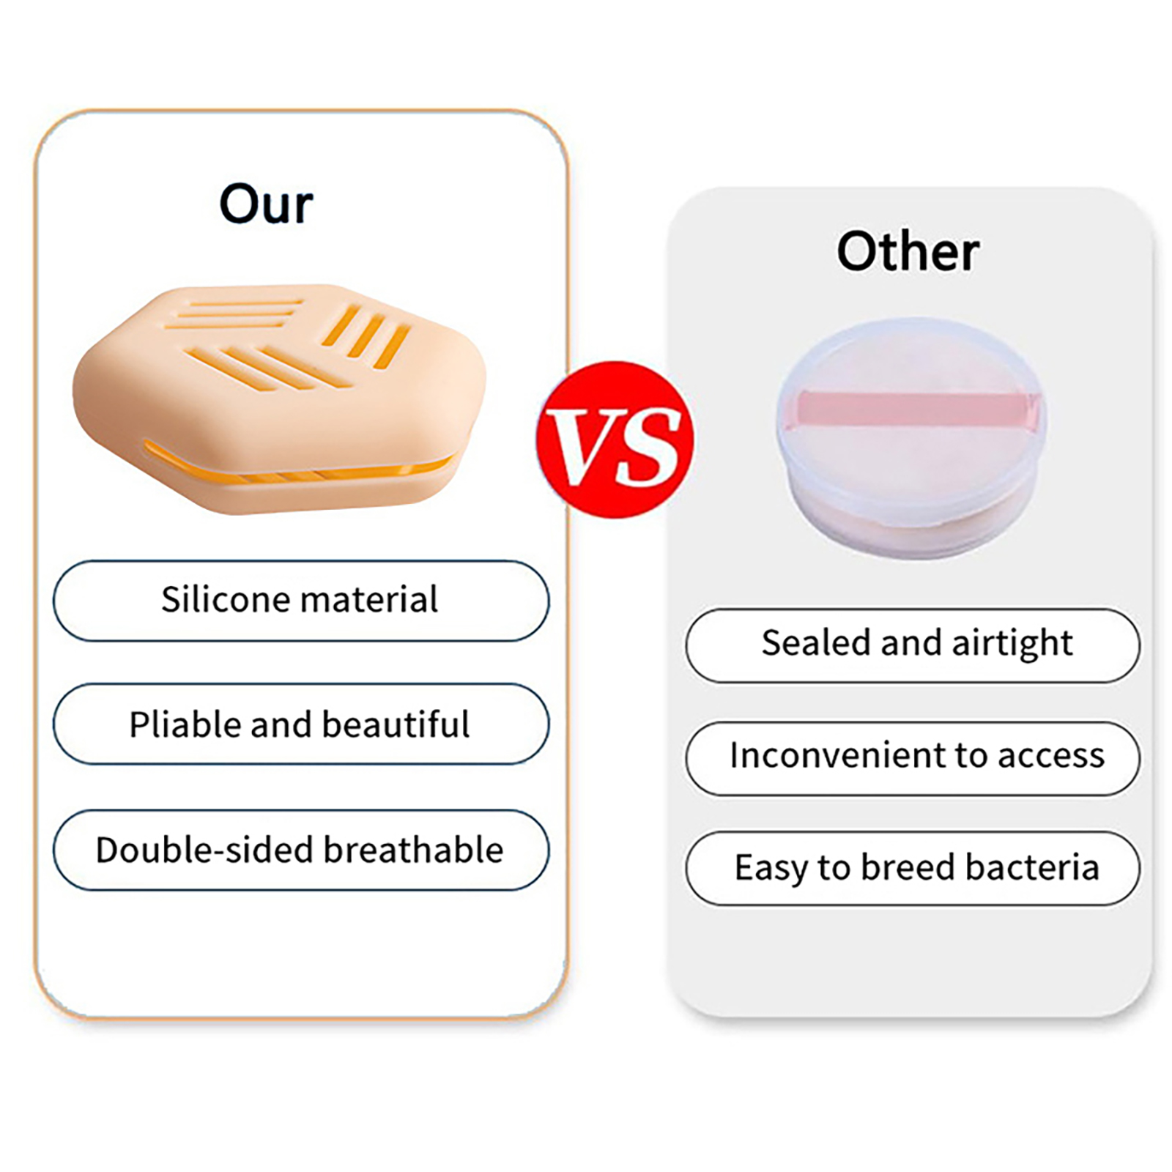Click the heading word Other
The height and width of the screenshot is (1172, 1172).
click(x=908, y=251)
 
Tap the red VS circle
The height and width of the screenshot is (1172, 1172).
click(x=615, y=439)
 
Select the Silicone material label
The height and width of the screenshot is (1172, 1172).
click(x=300, y=601)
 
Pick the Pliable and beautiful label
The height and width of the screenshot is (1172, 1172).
click(x=300, y=724)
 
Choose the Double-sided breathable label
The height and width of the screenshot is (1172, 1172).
click(x=300, y=850)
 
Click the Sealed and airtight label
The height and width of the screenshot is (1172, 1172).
click(x=913, y=645)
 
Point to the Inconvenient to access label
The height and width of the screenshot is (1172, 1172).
click(x=913, y=758)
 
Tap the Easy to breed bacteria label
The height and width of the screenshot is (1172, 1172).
click(x=913, y=868)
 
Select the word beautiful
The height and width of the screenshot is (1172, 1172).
click(x=396, y=724)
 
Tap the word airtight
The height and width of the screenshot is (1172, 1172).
click(x=1012, y=644)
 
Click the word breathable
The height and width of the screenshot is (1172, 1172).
click(x=413, y=850)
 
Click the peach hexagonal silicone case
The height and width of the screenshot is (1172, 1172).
click(x=279, y=398)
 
